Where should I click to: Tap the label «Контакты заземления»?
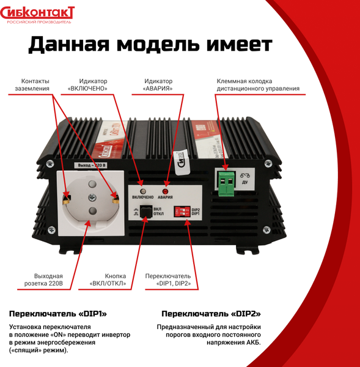pos(35,85)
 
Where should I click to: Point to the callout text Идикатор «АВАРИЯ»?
pos(158,85)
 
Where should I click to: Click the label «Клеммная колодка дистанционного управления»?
pos(257,85)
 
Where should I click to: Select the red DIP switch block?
pos(182,212)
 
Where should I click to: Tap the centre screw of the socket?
pos(92,197)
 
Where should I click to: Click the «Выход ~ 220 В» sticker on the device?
pos(92,166)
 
